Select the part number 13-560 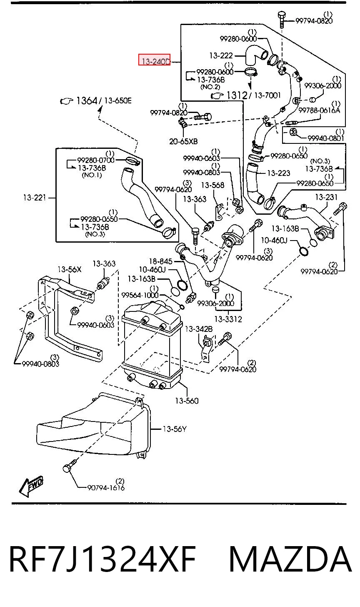[187, 401]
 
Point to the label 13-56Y [175, 429]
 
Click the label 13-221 [35, 198]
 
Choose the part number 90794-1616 [106, 488]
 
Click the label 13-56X [69, 269]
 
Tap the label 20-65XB [183, 141]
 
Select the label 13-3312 [228, 319]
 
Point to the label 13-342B [199, 329]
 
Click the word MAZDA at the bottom [290, 559]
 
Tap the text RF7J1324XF [102, 559]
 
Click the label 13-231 [326, 197]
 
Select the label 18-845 [161, 261]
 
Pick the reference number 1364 [87, 101]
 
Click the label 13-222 [221, 55]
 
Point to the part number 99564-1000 [140, 295]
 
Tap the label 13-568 [212, 185]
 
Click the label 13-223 [278, 173]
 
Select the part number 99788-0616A [319, 110]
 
